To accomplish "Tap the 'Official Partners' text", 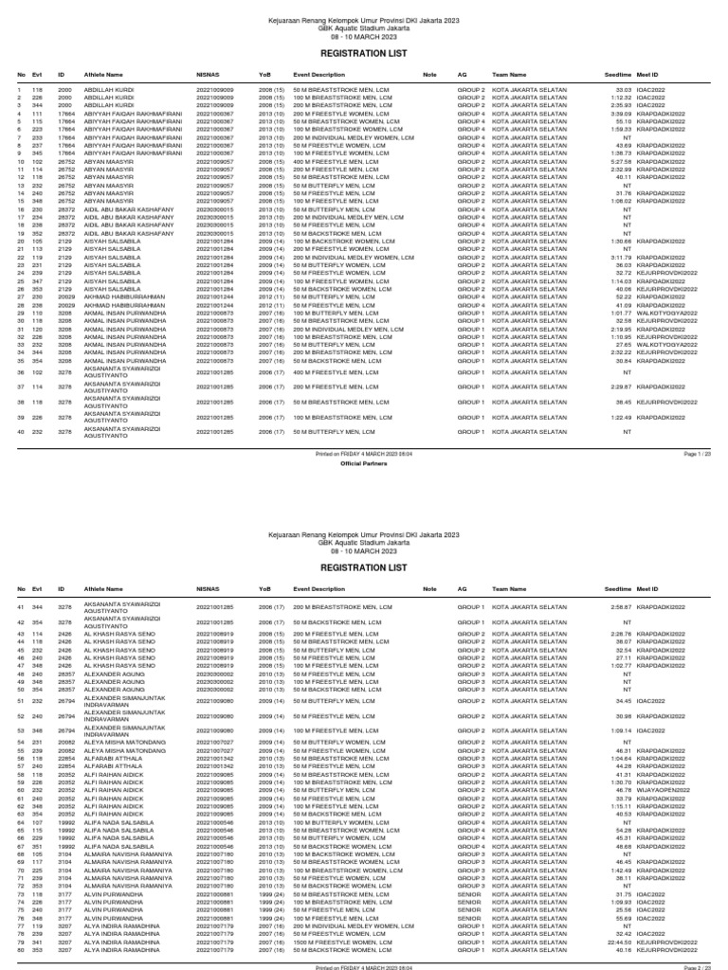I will tap(363, 465).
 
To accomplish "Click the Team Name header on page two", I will tap(509, 588).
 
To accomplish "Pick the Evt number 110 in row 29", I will tap(38, 313).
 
